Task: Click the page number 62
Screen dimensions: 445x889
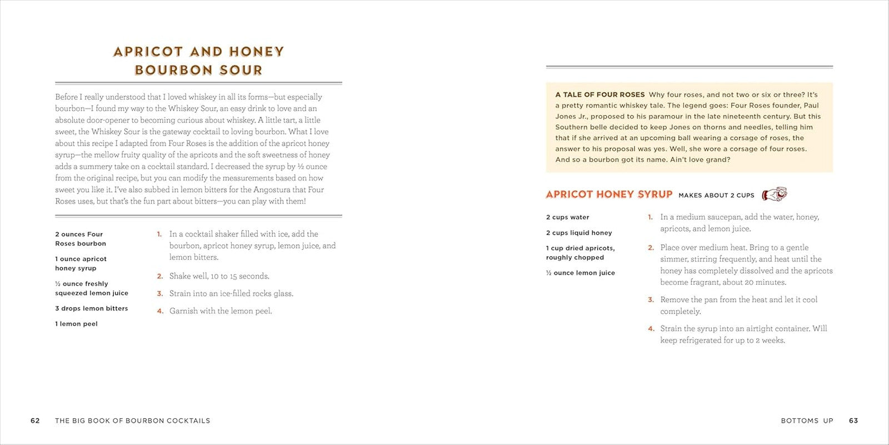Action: pos(35,421)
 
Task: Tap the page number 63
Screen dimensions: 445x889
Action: pos(853,421)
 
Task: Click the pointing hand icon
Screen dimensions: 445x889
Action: pos(775,194)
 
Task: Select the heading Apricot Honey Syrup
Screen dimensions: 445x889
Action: pos(609,194)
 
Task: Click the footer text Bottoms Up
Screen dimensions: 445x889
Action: pos(807,421)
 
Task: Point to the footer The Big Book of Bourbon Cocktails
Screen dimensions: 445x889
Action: pos(132,421)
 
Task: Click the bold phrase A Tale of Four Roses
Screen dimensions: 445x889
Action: pos(600,95)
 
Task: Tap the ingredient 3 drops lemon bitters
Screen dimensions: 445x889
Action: pos(91,308)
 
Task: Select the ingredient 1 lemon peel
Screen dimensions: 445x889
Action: pos(76,324)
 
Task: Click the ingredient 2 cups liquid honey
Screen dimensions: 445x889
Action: pos(579,233)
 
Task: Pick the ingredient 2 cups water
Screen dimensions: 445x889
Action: pos(567,217)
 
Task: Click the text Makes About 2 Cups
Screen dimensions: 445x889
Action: pos(716,195)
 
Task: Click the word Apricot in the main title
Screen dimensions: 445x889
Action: pos(148,52)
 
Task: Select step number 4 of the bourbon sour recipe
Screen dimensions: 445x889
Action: pos(159,311)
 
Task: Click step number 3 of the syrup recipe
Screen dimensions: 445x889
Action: pos(651,300)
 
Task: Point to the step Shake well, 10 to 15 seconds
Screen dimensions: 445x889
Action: pos(219,276)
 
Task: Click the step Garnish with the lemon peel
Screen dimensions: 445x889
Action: pos(221,311)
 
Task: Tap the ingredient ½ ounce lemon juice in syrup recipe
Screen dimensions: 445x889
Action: pos(580,273)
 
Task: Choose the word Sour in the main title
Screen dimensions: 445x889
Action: pos(241,70)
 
